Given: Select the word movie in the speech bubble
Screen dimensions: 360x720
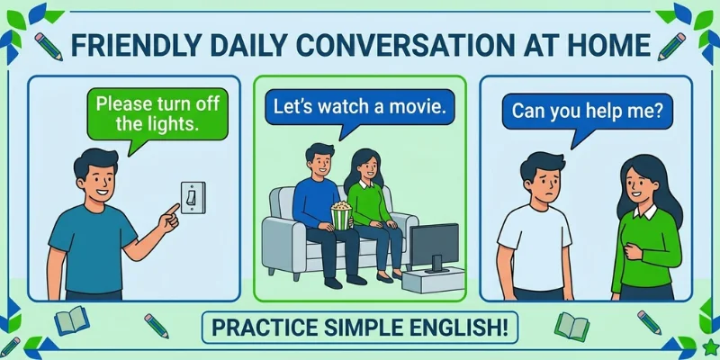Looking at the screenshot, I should (419, 107).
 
